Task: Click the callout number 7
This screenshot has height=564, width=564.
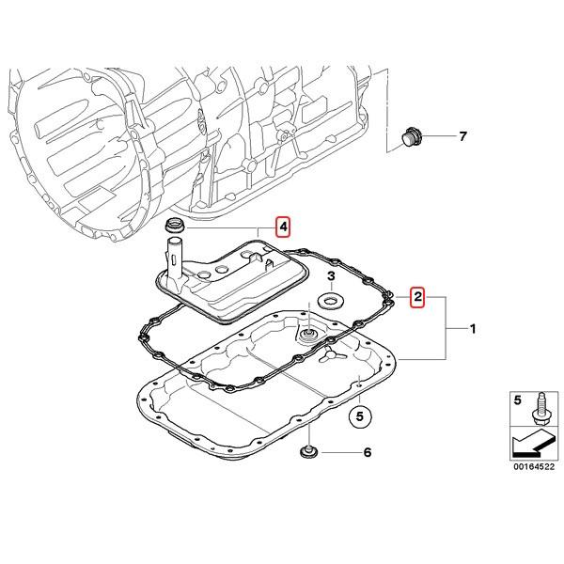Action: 462,137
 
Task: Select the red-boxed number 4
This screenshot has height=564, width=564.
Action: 283,227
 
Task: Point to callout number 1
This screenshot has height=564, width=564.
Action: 473,329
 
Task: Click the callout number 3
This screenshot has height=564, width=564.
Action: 331,275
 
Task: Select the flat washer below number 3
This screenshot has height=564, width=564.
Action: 331,302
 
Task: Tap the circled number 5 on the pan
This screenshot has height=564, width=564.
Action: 358,414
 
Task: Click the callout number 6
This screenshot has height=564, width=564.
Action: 368,452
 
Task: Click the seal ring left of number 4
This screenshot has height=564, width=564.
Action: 174,226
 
